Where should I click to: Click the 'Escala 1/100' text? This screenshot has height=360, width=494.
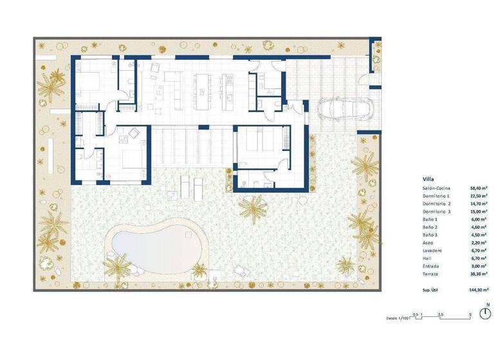click(396, 317)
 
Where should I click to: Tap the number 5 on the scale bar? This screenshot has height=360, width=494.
click(471, 314)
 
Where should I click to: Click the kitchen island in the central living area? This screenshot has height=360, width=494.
click(205, 89)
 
